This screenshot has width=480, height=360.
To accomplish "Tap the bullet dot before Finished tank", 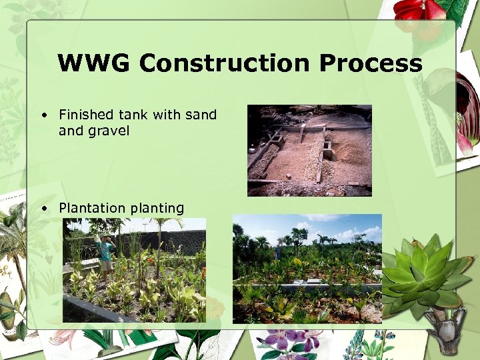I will [x=43, y=115].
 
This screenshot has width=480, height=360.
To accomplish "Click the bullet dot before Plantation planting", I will [x=43, y=209].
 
